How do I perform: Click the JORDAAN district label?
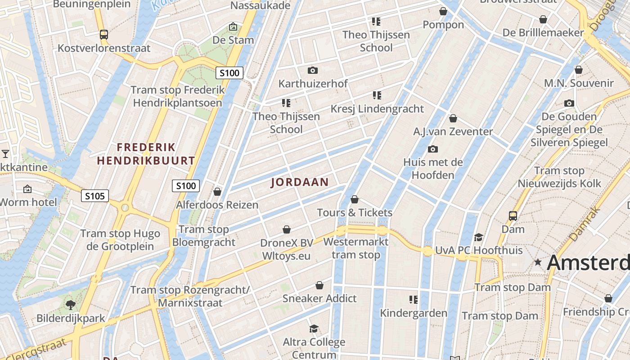(x=299, y=182)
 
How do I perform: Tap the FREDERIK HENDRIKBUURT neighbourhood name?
(x=146, y=154)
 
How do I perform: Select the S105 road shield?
(x=95, y=196)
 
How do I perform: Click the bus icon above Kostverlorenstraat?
(x=104, y=34)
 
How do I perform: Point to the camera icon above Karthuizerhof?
(x=312, y=70)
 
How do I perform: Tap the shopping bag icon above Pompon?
(x=443, y=11)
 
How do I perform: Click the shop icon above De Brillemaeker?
(x=543, y=19)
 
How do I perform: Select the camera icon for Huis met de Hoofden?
(x=433, y=149)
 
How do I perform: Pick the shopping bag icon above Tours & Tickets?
(x=355, y=199)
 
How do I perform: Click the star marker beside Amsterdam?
(x=538, y=262)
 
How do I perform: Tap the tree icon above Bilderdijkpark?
(x=71, y=305)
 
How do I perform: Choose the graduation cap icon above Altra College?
(x=314, y=329)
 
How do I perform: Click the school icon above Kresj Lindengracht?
(x=377, y=95)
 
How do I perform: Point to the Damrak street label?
(x=585, y=224)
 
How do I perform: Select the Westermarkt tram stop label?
(x=356, y=248)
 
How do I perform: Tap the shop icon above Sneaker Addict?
(x=319, y=285)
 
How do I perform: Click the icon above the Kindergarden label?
(x=413, y=300)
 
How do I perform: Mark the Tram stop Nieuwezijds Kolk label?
(x=559, y=177)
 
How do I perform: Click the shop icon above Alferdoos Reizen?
(x=217, y=192)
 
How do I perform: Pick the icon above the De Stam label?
(x=233, y=27)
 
